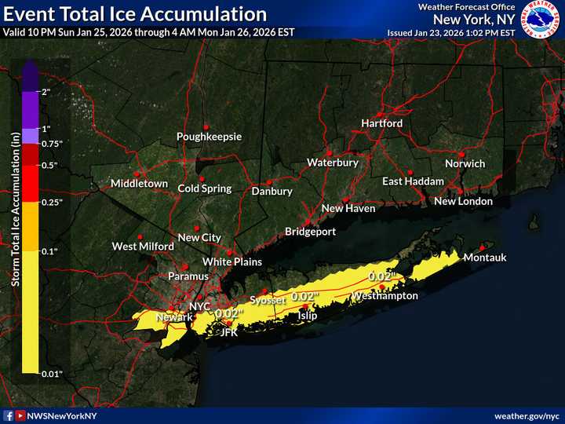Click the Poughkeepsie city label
[x=209, y=137]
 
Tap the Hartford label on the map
[x=381, y=124]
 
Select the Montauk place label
[x=485, y=258]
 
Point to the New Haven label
[x=348, y=209]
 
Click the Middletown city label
[x=139, y=184]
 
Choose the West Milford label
[x=143, y=247]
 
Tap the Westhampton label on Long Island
[x=385, y=296]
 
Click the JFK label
[x=228, y=332]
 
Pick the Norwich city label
[x=465, y=164]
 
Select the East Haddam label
[x=413, y=181]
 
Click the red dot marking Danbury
[x=268, y=182]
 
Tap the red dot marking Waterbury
[x=330, y=152]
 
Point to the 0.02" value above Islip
[x=305, y=297]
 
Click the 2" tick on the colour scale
[x=46, y=92]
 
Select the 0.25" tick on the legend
[x=51, y=203]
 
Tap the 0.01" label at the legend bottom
[x=51, y=374]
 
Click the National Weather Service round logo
[x=540, y=20]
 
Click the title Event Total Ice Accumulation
[x=135, y=14]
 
